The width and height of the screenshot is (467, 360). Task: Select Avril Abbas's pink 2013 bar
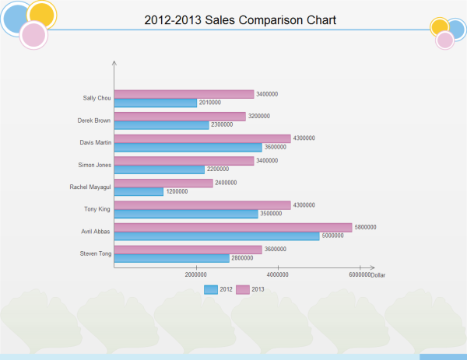[x=233, y=228]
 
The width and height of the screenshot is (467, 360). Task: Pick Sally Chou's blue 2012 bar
[x=155, y=103]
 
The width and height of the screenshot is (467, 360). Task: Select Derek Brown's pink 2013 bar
[x=180, y=117]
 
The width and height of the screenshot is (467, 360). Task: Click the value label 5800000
[x=365, y=228]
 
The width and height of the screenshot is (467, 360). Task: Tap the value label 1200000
[x=177, y=191]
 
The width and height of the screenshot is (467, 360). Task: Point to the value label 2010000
[x=210, y=103]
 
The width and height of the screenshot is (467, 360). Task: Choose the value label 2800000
[x=243, y=257]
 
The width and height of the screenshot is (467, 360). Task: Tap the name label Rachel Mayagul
[x=91, y=187]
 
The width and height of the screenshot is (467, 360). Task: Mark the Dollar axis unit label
[x=378, y=275]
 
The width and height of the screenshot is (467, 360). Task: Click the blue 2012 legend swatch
[x=211, y=289]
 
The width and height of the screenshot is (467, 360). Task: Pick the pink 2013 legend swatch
[x=243, y=289]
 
